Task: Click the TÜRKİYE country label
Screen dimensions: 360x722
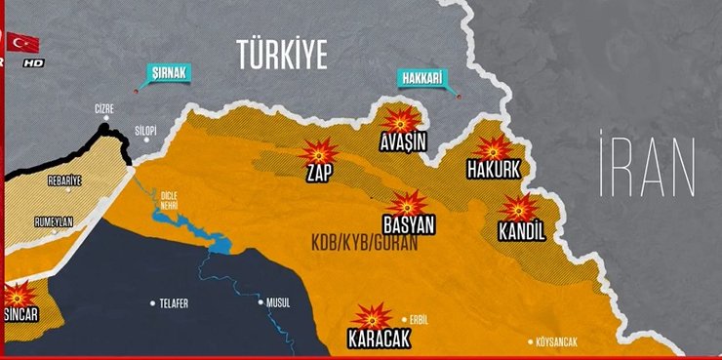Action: (283, 54)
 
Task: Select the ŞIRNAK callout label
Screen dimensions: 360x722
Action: (169, 72)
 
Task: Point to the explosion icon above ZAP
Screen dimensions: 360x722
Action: (318, 153)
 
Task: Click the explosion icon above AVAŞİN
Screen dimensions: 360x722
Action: (400, 120)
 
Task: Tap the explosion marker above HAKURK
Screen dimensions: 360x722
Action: (493, 149)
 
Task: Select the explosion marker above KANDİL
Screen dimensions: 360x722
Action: (519, 209)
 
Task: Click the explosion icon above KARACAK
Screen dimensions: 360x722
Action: (372, 317)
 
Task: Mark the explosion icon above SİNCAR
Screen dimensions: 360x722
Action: (20, 296)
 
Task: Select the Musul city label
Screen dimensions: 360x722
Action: (278, 303)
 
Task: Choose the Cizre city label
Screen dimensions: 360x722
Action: (104, 108)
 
